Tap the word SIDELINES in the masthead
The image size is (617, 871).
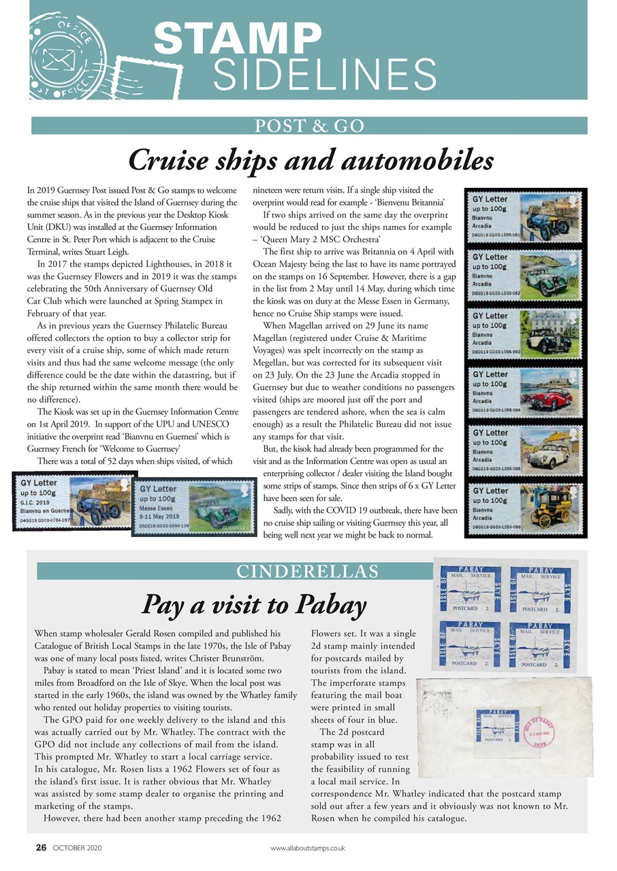[x=324, y=74]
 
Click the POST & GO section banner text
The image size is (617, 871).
[x=309, y=126]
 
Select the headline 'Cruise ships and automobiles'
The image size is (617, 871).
[x=310, y=161]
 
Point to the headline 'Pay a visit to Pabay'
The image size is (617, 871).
[x=253, y=604]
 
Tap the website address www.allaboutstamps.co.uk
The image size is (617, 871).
[x=308, y=849]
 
